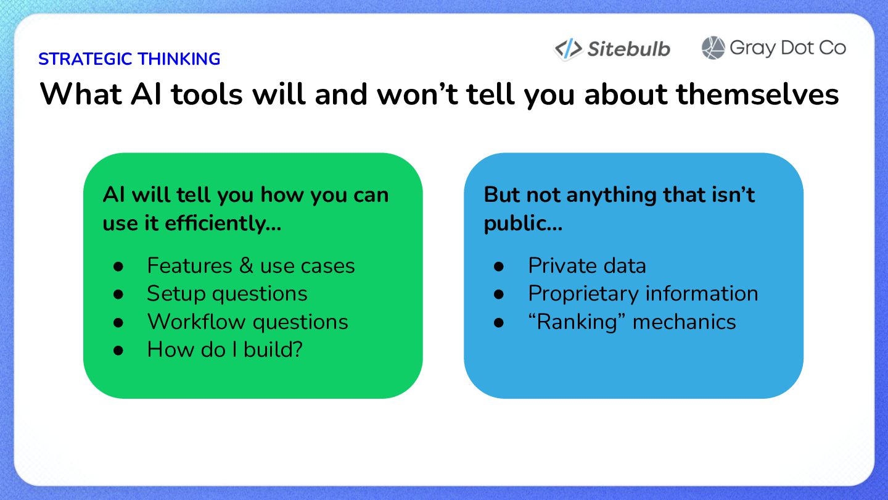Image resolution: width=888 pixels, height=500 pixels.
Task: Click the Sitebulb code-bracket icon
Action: point(569,49)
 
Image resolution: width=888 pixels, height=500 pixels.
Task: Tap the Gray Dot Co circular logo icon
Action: point(713,48)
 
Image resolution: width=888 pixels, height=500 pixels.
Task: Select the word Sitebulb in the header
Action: point(629,49)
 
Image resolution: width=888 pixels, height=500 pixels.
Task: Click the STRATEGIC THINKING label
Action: point(129,59)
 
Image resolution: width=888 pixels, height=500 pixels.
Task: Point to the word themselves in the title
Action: point(757,94)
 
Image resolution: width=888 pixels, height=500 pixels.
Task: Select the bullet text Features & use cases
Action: point(251,265)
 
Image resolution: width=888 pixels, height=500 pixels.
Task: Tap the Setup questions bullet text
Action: point(227,294)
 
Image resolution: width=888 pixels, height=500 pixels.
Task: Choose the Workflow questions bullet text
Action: point(248,322)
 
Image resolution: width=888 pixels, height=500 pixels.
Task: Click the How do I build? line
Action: point(224,349)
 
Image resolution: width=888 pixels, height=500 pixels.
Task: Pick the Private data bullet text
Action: point(587,265)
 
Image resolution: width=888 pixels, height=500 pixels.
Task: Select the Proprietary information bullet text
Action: point(643,294)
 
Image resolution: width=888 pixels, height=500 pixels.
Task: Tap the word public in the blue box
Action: point(523,223)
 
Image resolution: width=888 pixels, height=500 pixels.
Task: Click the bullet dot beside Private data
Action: point(499,266)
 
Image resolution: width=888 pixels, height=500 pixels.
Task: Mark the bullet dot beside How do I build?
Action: point(118,351)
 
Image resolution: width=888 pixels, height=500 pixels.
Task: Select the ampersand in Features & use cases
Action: point(246,265)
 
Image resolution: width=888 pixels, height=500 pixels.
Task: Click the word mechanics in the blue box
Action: point(684,322)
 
